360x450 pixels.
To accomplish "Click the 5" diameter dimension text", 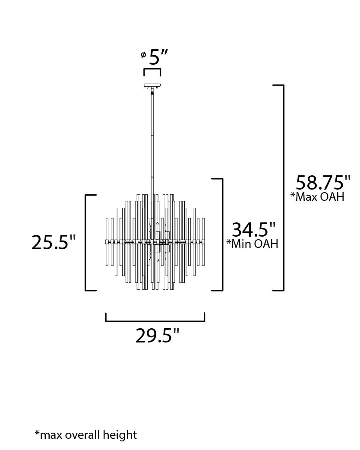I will pos(158,57).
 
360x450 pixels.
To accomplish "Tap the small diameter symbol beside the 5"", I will pos(143,55).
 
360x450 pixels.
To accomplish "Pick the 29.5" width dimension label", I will pos(157,336).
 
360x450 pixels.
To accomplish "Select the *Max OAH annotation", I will pos(317,197).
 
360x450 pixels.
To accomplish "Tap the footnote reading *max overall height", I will pos(85,434).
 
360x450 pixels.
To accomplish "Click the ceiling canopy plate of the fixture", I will pos(152,86).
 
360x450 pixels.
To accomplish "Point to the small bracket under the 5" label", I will pos(152,71).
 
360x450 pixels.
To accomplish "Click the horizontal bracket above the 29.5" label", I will pos(155,320).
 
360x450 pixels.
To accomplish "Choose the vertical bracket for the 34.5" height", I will pos(221,235).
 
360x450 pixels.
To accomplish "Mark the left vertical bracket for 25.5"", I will pos(86,243).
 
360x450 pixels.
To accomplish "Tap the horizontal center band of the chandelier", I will pos(155,241).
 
